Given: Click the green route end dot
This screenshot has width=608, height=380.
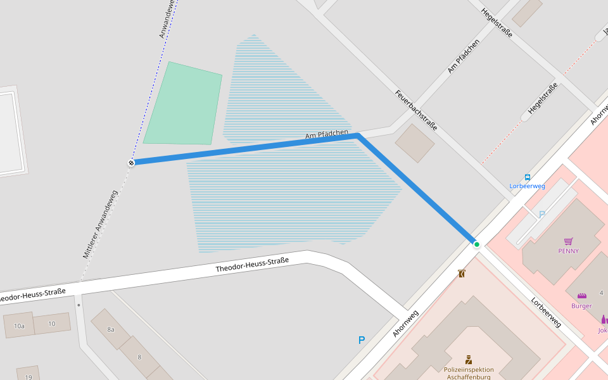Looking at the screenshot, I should [476, 244].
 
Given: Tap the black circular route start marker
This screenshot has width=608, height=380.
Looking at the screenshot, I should [131, 163].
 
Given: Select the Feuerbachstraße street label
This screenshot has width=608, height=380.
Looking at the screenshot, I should [416, 110].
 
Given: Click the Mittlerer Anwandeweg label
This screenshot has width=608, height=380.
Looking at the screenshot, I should [100, 225].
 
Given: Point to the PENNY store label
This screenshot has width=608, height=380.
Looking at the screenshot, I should [568, 251].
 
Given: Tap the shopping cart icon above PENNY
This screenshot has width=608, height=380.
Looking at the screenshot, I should [568, 241].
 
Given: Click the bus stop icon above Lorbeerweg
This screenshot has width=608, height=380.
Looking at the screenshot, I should [528, 177].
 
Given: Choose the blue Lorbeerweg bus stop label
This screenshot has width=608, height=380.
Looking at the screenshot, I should [528, 186].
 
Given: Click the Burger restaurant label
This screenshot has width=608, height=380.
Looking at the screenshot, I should [581, 306].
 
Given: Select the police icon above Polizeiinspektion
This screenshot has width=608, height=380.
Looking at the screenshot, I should [469, 359].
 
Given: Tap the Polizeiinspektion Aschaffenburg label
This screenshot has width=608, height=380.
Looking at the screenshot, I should [469, 373].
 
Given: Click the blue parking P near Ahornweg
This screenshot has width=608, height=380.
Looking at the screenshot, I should [362, 340].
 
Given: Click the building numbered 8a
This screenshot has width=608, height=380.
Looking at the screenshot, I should [111, 329].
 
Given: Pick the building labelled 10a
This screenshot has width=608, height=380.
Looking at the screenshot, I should [18, 326].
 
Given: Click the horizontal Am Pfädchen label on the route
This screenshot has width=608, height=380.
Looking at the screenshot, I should [327, 135].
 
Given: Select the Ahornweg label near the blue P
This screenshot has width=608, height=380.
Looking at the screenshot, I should [405, 323].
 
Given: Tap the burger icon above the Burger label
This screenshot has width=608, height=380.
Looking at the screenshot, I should [581, 296].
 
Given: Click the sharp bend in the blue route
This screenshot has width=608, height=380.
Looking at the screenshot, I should [358, 136].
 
